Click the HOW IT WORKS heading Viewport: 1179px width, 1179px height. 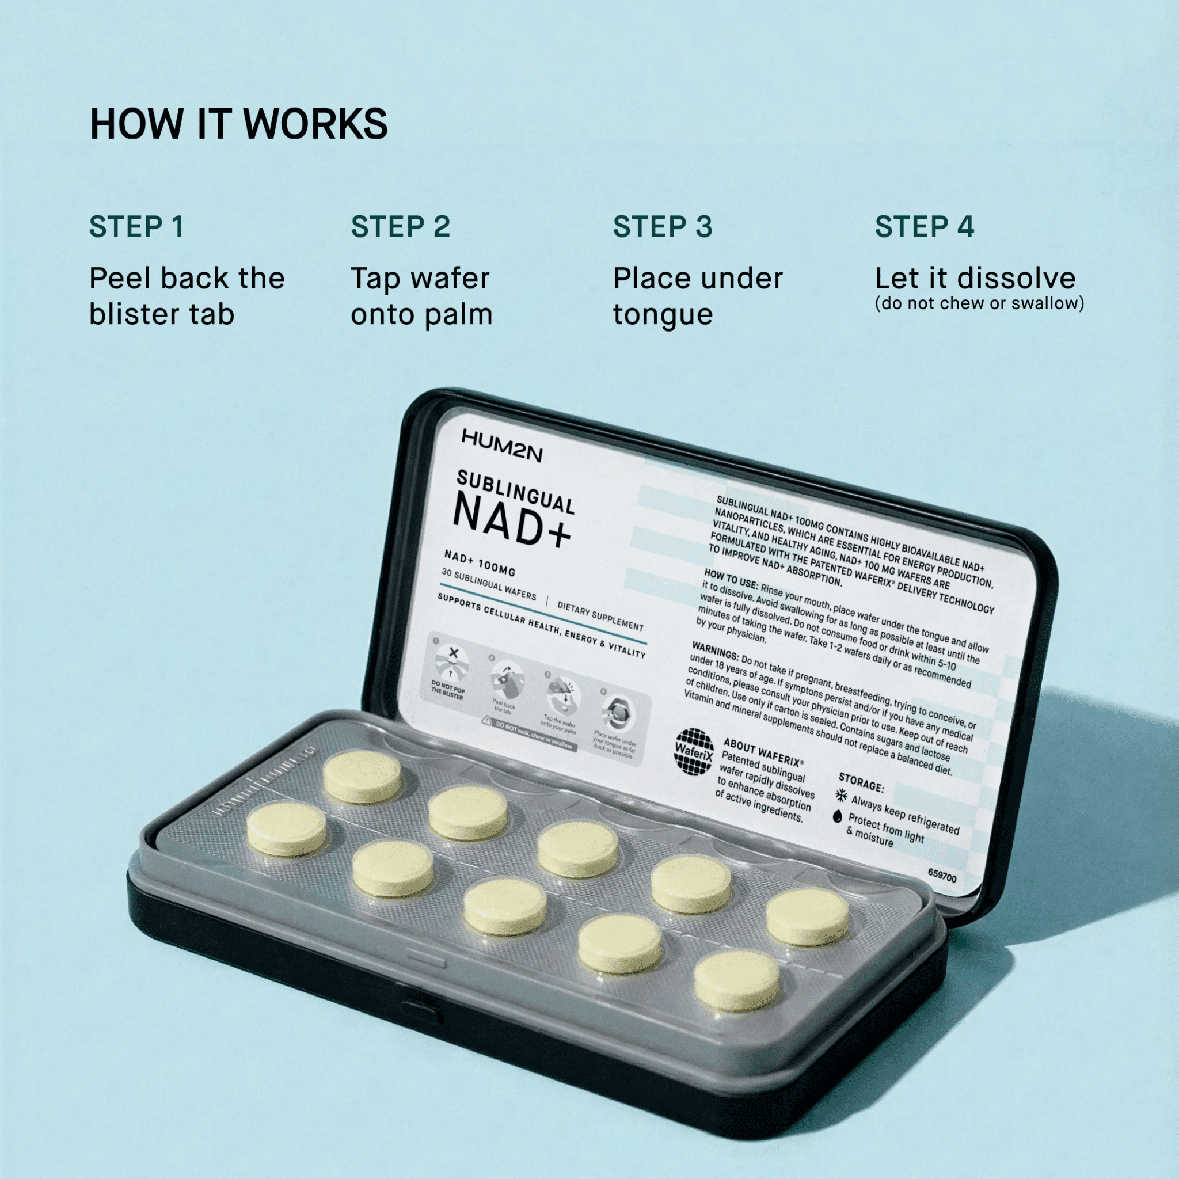pyautogui.click(x=238, y=124)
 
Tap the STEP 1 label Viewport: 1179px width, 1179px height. pyautogui.click(x=136, y=227)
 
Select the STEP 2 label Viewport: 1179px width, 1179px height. pyautogui.click(x=400, y=227)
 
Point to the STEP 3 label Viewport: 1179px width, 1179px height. pyautogui.click(x=662, y=227)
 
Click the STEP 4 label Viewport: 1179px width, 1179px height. pyautogui.click(x=924, y=227)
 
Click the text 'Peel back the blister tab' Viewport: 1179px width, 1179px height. pyautogui.click(x=187, y=296)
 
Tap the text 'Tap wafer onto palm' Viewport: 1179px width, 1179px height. pyautogui.click(x=421, y=296)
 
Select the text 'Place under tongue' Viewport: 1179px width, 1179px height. pyautogui.click(x=698, y=296)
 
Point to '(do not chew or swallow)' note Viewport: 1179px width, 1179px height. pyautogui.click(x=979, y=303)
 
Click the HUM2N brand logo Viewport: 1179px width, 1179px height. pyautogui.click(x=501, y=446)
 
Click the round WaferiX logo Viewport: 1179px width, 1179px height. pyautogui.click(x=694, y=752)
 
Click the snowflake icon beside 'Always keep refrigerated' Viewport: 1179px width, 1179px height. pyautogui.click(x=842, y=795)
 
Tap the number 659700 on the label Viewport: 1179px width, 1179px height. pyautogui.click(x=942, y=876)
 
